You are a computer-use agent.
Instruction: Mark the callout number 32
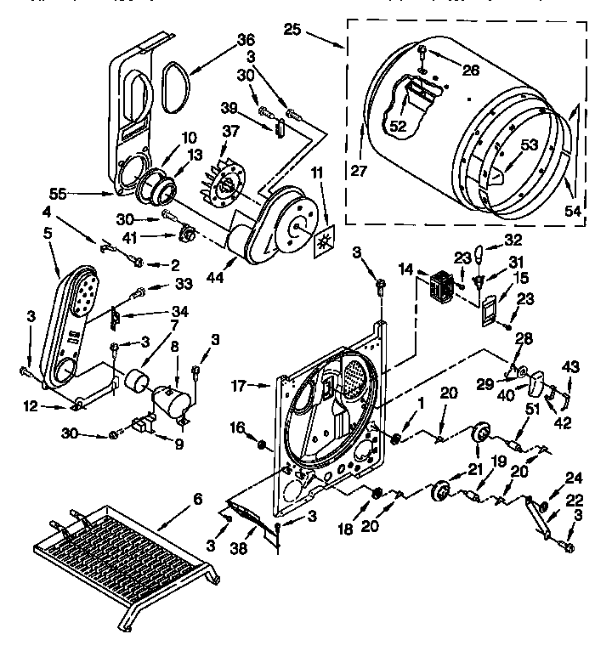coord(512,240)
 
